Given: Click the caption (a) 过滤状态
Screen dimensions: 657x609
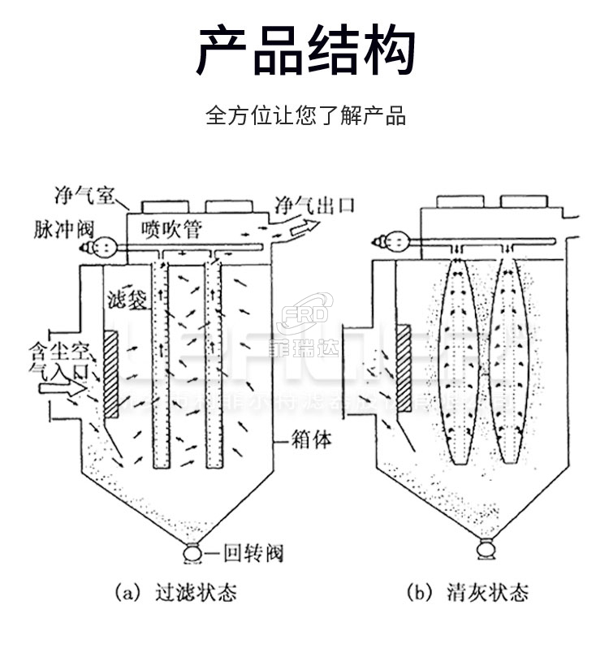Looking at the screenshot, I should click(175, 592).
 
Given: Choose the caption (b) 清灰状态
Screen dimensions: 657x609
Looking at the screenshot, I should click(467, 592).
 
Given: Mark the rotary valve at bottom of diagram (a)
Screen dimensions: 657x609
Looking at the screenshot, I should click(194, 554).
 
